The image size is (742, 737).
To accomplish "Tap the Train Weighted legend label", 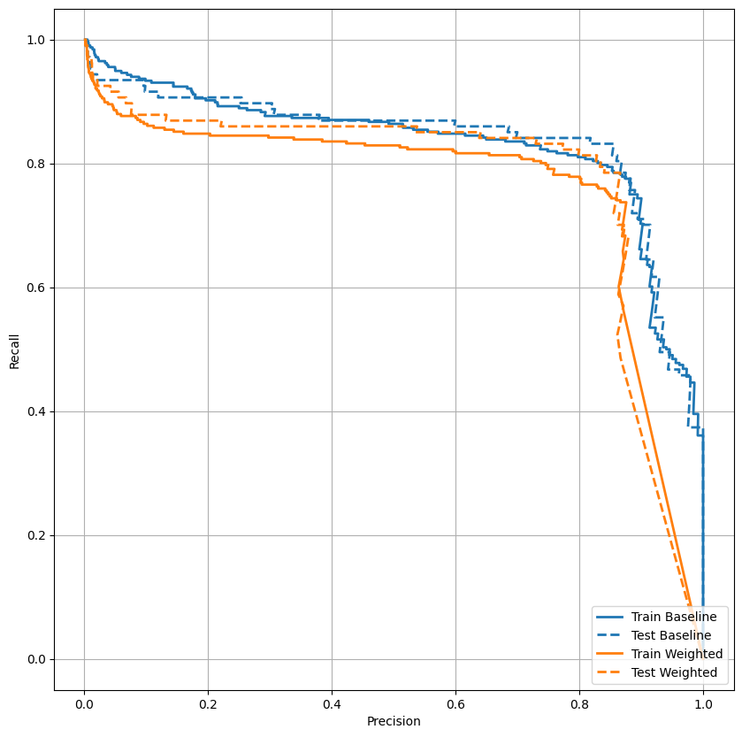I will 677,654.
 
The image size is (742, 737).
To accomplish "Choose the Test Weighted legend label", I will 673,673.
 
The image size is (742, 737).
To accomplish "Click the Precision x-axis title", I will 394,721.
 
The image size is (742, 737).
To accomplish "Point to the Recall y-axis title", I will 14,349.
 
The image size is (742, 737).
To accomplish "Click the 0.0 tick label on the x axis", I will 84,703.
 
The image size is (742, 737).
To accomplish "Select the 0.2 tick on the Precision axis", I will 208,703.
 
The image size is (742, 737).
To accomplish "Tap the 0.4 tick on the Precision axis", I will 332,703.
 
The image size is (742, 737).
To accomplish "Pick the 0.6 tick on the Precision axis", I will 455,703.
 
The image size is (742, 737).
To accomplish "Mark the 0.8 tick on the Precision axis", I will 579,703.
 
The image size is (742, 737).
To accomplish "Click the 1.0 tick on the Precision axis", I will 703,703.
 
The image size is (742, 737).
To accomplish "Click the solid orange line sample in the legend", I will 612,655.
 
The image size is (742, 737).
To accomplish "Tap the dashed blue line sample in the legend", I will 612,635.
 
